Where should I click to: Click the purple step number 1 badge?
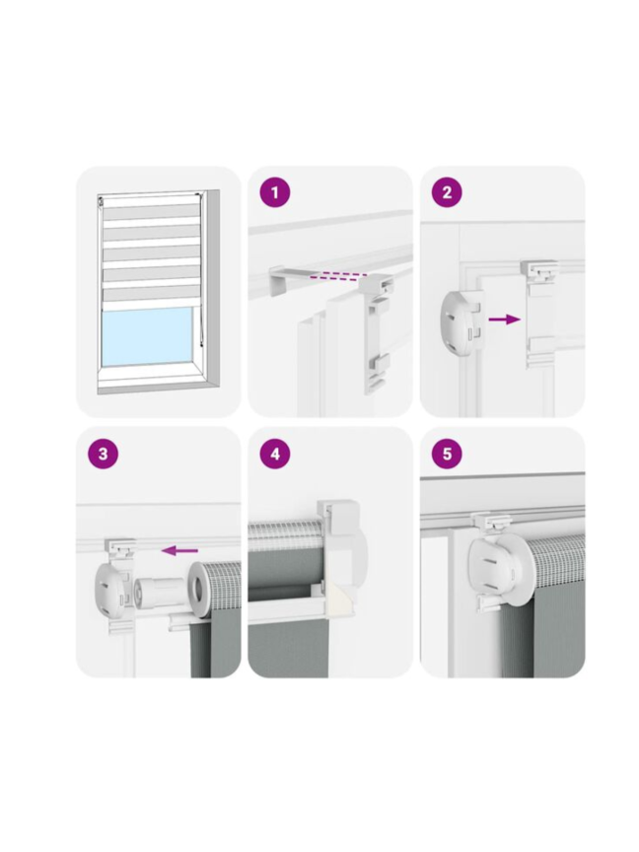click(275, 192)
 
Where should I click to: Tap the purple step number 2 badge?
click(447, 192)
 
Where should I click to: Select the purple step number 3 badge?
click(103, 454)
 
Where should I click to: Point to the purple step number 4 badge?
click(275, 454)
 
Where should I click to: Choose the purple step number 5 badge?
click(447, 454)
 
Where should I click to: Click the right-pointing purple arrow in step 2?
click(504, 319)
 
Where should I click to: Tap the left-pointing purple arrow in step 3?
click(179, 551)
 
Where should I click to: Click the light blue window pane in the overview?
click(147, 337)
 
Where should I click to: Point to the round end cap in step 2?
click(461, 322)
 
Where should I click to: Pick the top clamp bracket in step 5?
click(493, 524)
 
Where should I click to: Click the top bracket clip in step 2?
click(539, 268)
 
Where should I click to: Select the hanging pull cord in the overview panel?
click(200, 272)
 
